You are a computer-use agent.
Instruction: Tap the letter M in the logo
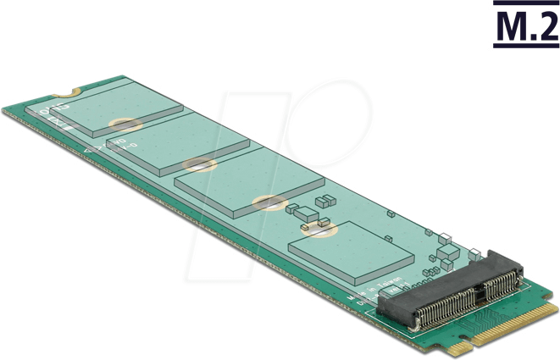pos(508,26)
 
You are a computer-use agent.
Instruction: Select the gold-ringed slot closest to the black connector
pos(322,227)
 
